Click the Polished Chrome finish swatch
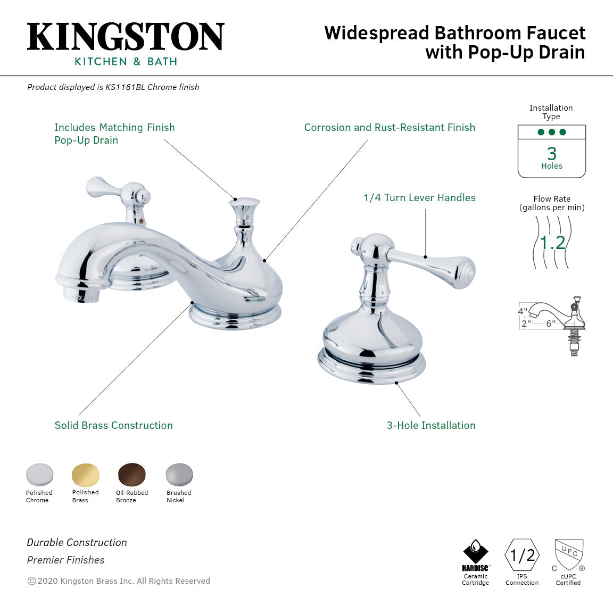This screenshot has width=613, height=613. point(39,475)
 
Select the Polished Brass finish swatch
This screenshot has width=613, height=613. point(85,474)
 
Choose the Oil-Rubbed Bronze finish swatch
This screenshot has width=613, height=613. point(131,475)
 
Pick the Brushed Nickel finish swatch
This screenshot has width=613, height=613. point(179,475)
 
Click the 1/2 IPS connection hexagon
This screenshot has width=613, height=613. point(522,556)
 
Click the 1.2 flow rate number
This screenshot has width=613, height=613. point(552,243)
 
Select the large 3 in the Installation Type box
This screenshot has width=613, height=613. point(552,154)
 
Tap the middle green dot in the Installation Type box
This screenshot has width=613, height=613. point(552,132)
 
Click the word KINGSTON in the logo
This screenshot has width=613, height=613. point(126,37)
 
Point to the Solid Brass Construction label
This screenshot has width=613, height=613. point(113,425)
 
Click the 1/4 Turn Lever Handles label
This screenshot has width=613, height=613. point(419,197)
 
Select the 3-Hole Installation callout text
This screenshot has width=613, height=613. point(431,425)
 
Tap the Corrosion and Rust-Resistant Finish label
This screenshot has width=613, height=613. point(390,127)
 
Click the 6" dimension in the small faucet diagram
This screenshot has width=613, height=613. point(550,323)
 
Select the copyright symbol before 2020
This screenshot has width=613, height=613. point(31,581)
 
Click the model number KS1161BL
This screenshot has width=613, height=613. point(125,87)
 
